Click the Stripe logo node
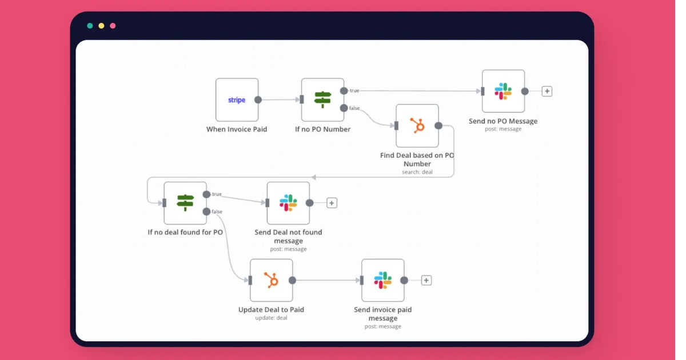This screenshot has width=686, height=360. (x=237, y=100)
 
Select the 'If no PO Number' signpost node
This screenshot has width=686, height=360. (x=323, y=100)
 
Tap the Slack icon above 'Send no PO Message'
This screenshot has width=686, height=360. (x=503, y=91)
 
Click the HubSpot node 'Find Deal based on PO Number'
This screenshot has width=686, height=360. (x=417, y=126)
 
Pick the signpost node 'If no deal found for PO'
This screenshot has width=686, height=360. (x=185, y=203)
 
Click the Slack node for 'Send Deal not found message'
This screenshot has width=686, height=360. (x=288, y=203)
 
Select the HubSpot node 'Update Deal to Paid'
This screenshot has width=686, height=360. (x=272, y=280)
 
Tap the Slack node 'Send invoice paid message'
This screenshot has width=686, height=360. (x=383, y=280)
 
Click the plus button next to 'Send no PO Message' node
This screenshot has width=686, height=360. (x=547, y=91)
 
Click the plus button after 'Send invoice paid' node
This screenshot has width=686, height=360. (x=426, y=280)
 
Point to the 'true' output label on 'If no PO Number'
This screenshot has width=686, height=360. (x=354, y=91)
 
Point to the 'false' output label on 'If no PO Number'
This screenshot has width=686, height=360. (x=355, y=108)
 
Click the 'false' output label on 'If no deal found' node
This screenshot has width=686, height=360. (x=217, y=211)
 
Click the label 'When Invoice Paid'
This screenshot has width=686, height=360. (x=237, y=129)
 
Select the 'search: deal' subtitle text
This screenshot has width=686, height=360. (x=417, y=172)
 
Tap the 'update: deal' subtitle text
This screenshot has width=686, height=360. (x=272, y=318)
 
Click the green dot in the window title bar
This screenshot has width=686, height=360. (x=90, y=26)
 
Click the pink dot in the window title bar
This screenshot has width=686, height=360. (x=113, y=26)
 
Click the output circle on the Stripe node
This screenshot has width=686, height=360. (x=258, y=100)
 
